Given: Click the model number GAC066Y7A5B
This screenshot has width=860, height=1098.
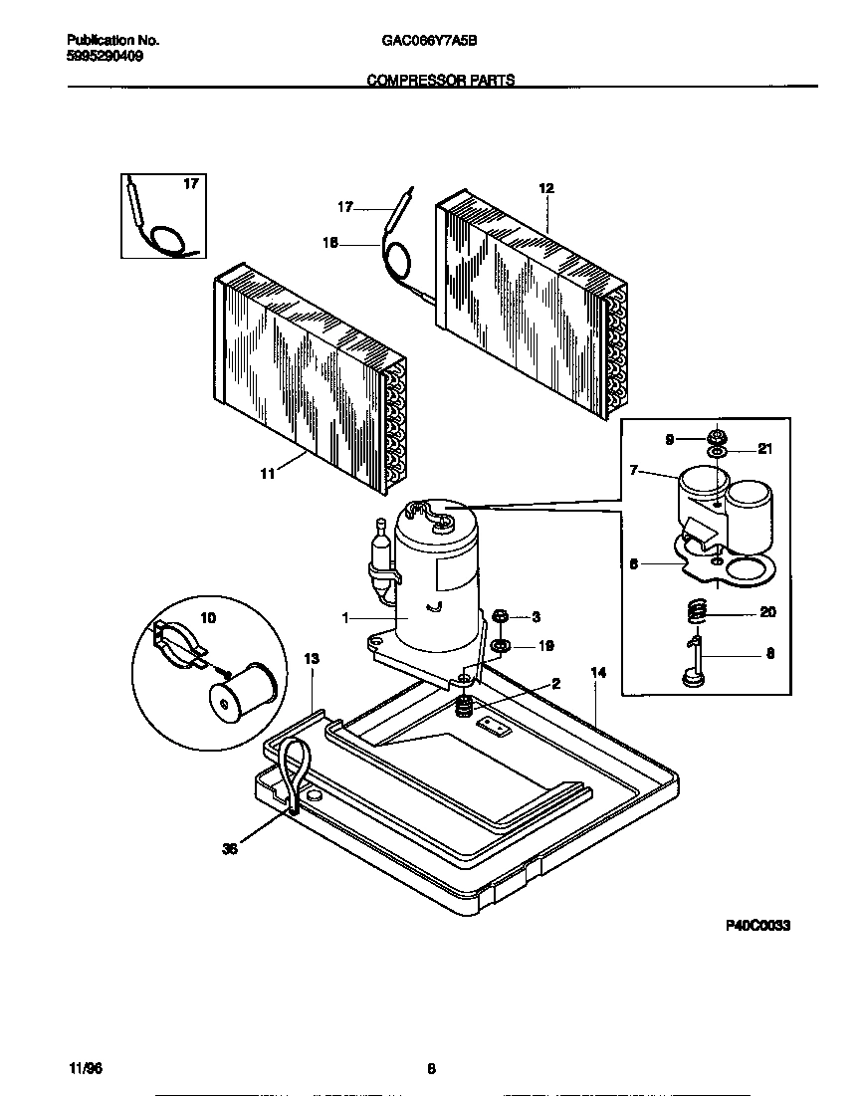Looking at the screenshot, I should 429,42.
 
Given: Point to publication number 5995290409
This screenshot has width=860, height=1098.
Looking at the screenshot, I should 104,58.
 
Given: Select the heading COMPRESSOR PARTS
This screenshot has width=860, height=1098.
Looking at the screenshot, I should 441,81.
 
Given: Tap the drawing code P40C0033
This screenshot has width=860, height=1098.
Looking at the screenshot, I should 756,925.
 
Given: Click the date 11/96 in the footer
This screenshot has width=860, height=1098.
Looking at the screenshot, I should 87,1069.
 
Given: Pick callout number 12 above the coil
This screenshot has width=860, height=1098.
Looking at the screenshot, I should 545,188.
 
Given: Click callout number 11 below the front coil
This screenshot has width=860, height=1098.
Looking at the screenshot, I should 267,475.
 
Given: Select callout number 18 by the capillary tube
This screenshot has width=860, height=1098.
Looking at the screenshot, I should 330,242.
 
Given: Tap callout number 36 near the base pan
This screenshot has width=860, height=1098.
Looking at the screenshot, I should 230,849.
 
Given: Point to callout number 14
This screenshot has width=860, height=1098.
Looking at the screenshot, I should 597,673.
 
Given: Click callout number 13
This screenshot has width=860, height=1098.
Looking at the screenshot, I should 312,659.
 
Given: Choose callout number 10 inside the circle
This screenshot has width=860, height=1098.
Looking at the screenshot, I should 208,618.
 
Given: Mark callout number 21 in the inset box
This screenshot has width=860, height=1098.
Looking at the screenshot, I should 764,449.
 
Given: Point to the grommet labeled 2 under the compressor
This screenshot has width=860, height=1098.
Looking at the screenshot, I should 462,708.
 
